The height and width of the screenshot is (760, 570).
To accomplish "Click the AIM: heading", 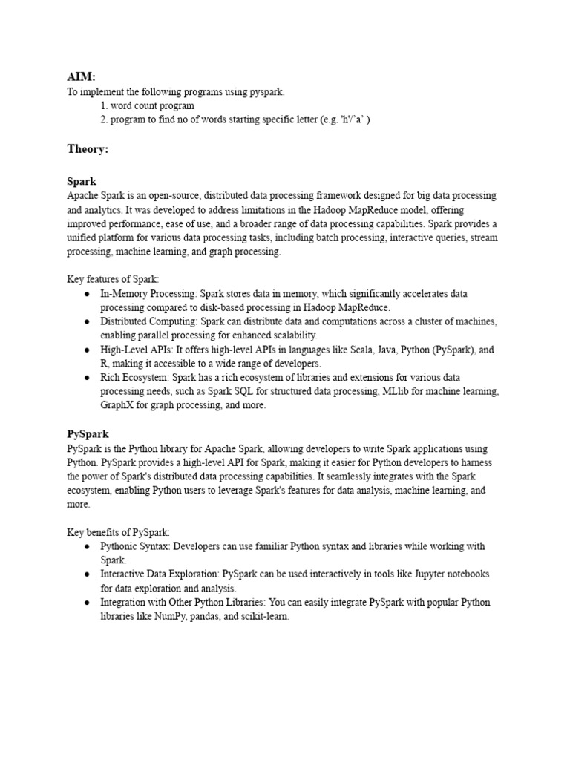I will pyautogui.click(x=81, y=76).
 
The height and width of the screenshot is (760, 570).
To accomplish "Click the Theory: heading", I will pyautogui.click(x=88, y=149).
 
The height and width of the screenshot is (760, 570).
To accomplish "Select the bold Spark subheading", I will pyautogui.click(x=82, y=181).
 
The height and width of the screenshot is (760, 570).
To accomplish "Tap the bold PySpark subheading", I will pyautogui.click(x=88, y=434).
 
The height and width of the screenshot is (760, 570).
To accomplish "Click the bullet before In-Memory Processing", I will pyautogui.click(x=87, y=294).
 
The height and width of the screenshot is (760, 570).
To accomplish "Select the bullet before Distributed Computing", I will pyautogui.click(x=87, y=322).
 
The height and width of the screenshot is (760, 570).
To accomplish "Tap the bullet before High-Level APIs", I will pyautogui.click(x=87, y=350).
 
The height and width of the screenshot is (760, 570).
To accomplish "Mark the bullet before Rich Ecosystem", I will pyautogui.click(x=87, y=378).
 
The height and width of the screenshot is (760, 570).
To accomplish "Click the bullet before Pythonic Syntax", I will pyautogui.click(x=87, y=546).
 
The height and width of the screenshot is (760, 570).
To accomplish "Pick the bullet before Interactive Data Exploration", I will pyautogui.click(x=87, y=574).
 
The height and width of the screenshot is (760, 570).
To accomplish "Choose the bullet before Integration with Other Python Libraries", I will pyautogui.click(x=87, y=603).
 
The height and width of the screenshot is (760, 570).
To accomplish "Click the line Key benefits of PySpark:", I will pyautogui.click(x=119, y=532).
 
